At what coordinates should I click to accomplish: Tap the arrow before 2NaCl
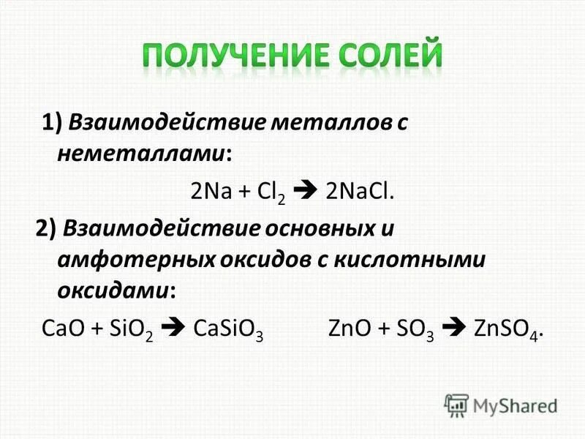[308, 192]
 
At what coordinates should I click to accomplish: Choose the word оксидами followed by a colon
[115, 291]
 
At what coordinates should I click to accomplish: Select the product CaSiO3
[227, 328]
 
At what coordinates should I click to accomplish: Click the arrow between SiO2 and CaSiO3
[172, 328]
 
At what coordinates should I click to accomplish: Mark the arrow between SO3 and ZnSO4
[455, 328]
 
